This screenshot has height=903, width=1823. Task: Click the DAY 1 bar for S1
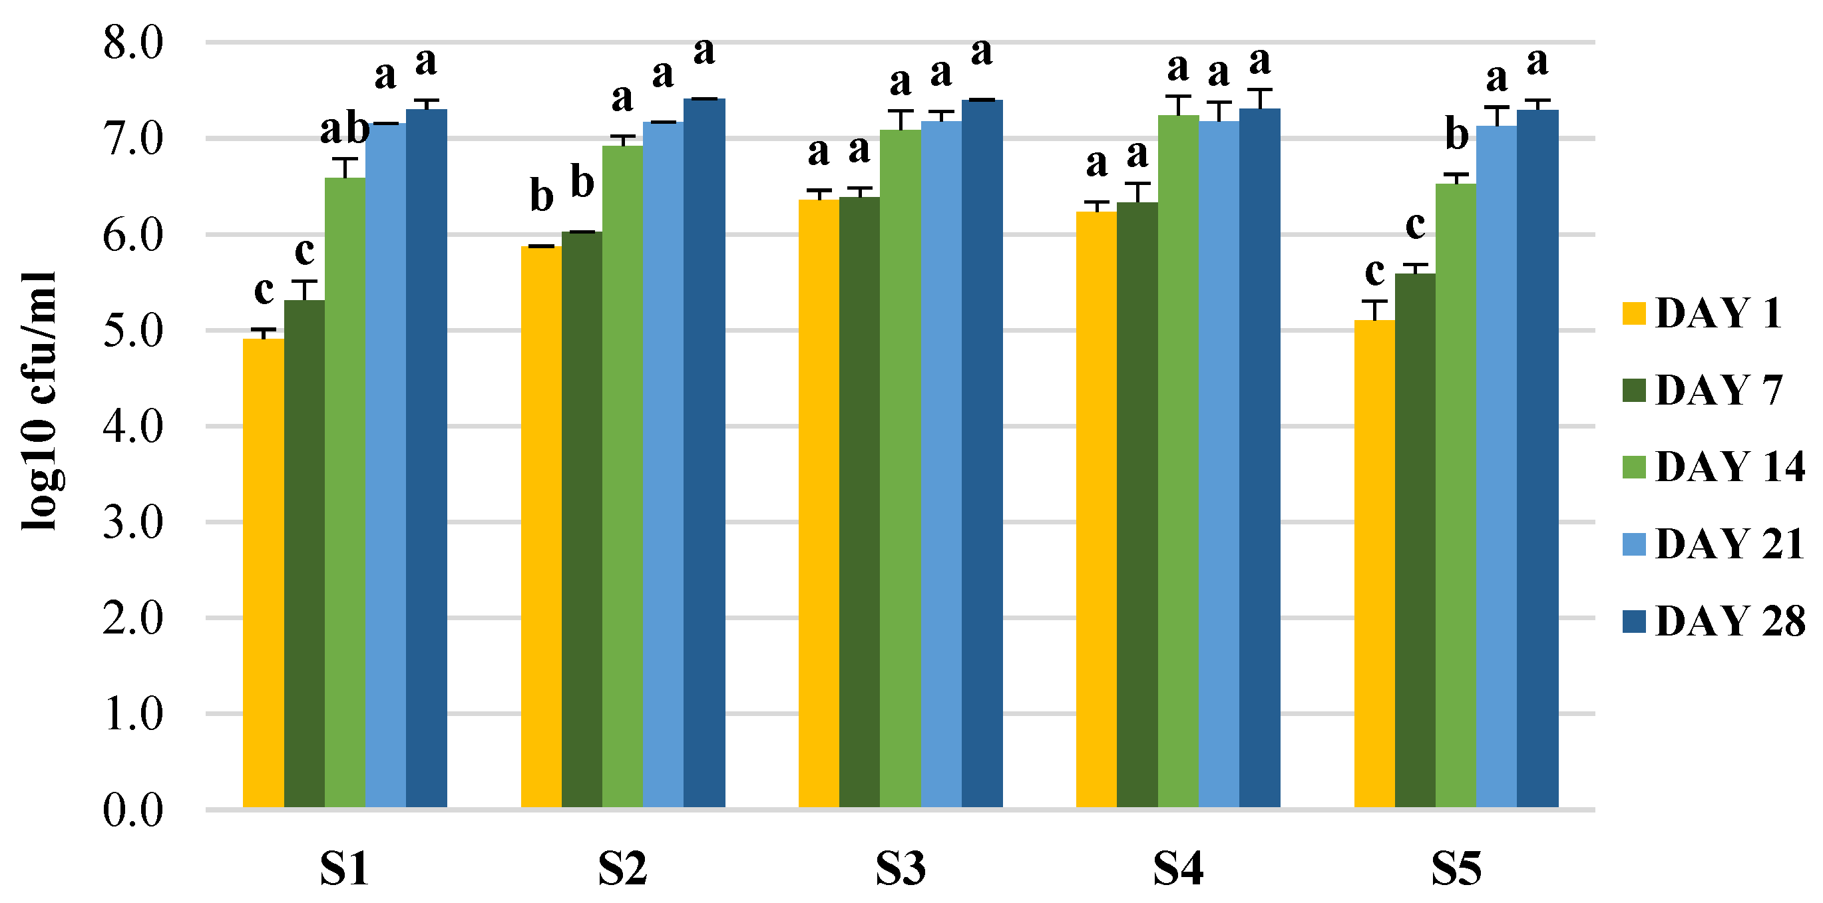pos(264,573)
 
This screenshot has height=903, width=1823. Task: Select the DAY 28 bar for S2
pos(704,453)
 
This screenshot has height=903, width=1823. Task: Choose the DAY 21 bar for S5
pos(1496,466)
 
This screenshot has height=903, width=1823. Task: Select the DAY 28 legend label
pos(1730,621)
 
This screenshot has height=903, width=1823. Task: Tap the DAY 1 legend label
pos(1719,313)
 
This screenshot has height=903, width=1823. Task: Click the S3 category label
pos(900,869)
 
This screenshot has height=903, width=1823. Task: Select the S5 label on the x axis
pos(1456,869)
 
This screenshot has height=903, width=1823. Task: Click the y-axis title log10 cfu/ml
pos(39,401)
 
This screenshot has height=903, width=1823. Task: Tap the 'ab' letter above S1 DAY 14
pos(345,130)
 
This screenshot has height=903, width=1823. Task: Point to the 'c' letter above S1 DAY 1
pos(264,290)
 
